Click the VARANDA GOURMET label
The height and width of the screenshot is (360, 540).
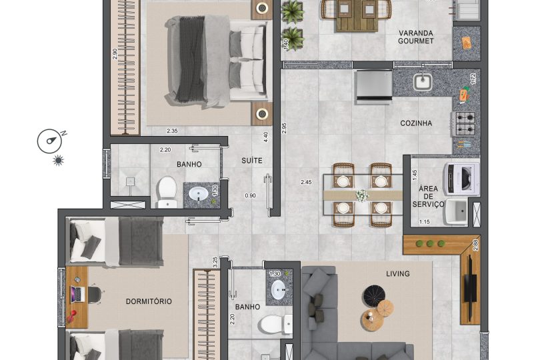click(x=416, y=37)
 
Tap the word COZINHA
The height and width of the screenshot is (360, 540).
click(x=416, y=123)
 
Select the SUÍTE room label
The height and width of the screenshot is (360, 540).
click(x=252, y=161)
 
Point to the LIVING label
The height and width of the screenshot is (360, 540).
click(x=397, y=273)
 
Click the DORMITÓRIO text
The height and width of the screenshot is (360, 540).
click(x=149, y=301)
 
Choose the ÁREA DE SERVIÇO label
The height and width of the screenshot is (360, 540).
click(x=428, y=196)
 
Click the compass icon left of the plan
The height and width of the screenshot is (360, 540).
click(x=50, y=141)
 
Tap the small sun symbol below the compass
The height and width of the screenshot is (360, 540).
click(x=58, y=161)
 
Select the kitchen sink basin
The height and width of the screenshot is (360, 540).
click(x=422, y=83)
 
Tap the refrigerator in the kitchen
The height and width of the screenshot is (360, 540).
click(x=375, y=87)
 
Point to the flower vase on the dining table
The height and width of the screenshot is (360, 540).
click(x=362, y=195)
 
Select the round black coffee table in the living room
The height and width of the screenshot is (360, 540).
click(x=371, y=294)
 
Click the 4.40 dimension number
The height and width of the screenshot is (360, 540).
click(x=266, y=137)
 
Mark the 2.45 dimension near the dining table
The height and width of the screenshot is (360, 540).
click(x=306, y=182)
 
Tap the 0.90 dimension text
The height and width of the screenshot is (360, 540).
click(x=250, y=195)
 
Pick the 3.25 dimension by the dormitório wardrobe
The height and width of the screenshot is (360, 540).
click(x=215, y=261)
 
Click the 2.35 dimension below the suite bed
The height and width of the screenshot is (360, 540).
click(x=172, y=131)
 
